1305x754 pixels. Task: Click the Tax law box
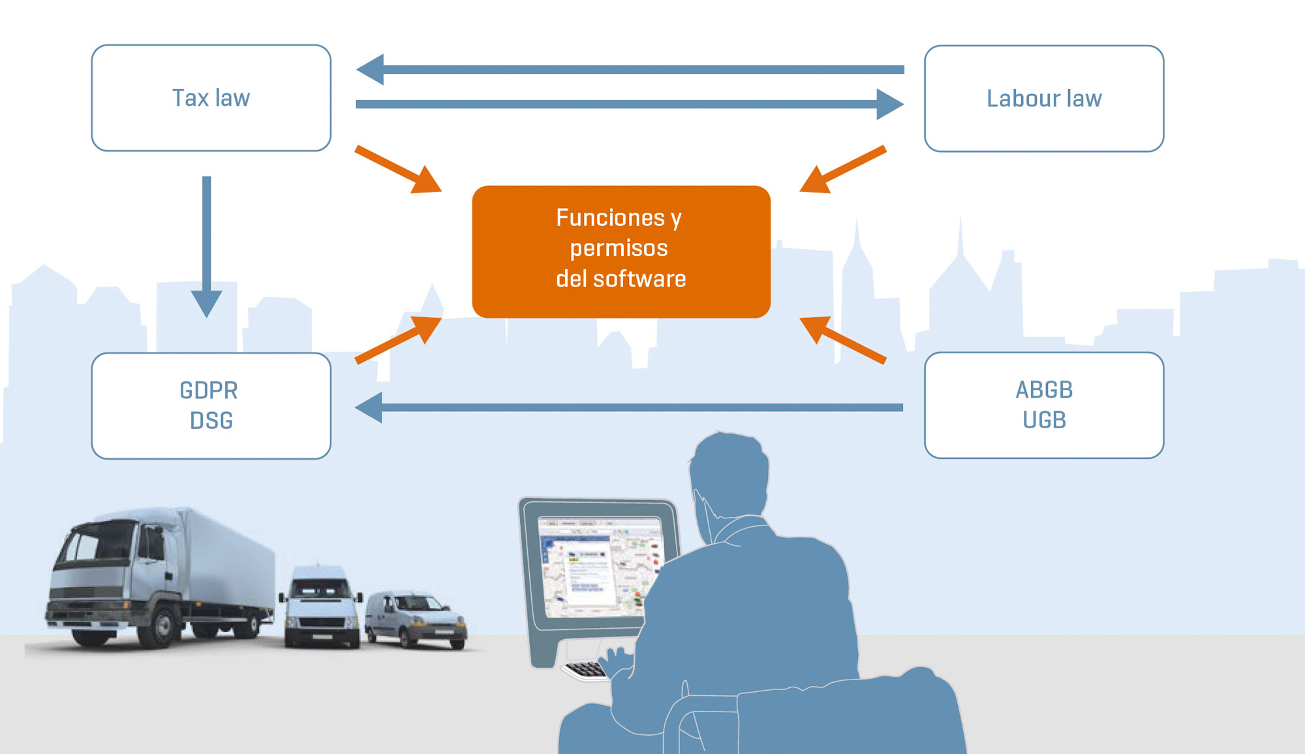click(211, 98)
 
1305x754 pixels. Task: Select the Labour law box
click(1044, 99)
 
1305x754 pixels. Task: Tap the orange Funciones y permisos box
click(621, 252)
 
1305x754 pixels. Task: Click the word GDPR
click(209, 390)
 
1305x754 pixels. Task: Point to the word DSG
click(211, 420)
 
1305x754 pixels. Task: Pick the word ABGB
click(1044, 390)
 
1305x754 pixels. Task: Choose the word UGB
click(1044, 420)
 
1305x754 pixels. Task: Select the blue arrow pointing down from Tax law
click(207, 247)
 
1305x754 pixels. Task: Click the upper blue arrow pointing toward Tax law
click(630, 70)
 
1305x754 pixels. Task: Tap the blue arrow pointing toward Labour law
click(630, 104)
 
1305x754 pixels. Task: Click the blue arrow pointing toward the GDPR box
click(629, 407)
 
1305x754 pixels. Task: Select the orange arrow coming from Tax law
click(398, 170)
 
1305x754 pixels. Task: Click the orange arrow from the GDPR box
click(398, 339)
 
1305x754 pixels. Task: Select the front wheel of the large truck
click(161, 628)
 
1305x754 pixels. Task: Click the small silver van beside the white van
click(416, 620)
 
